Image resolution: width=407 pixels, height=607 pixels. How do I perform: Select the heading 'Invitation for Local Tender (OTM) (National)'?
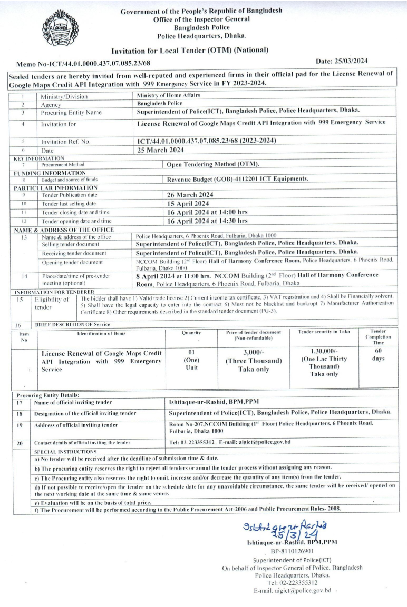(190, 50)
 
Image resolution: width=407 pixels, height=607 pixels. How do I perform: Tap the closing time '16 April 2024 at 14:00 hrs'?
(207, 212)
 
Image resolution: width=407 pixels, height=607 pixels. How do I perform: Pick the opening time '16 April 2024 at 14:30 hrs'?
(207, 221)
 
